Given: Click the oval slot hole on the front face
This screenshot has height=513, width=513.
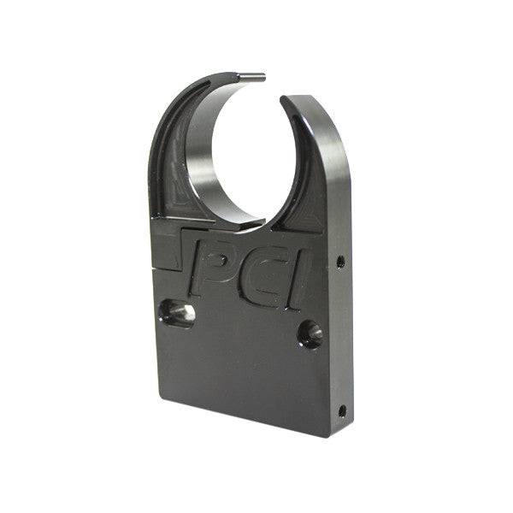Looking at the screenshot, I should point(176,314).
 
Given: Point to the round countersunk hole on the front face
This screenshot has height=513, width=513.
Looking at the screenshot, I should point(310,333).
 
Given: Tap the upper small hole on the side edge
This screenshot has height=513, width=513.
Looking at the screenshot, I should point(340,262).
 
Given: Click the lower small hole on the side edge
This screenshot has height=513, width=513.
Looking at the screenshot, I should point(342,410).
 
